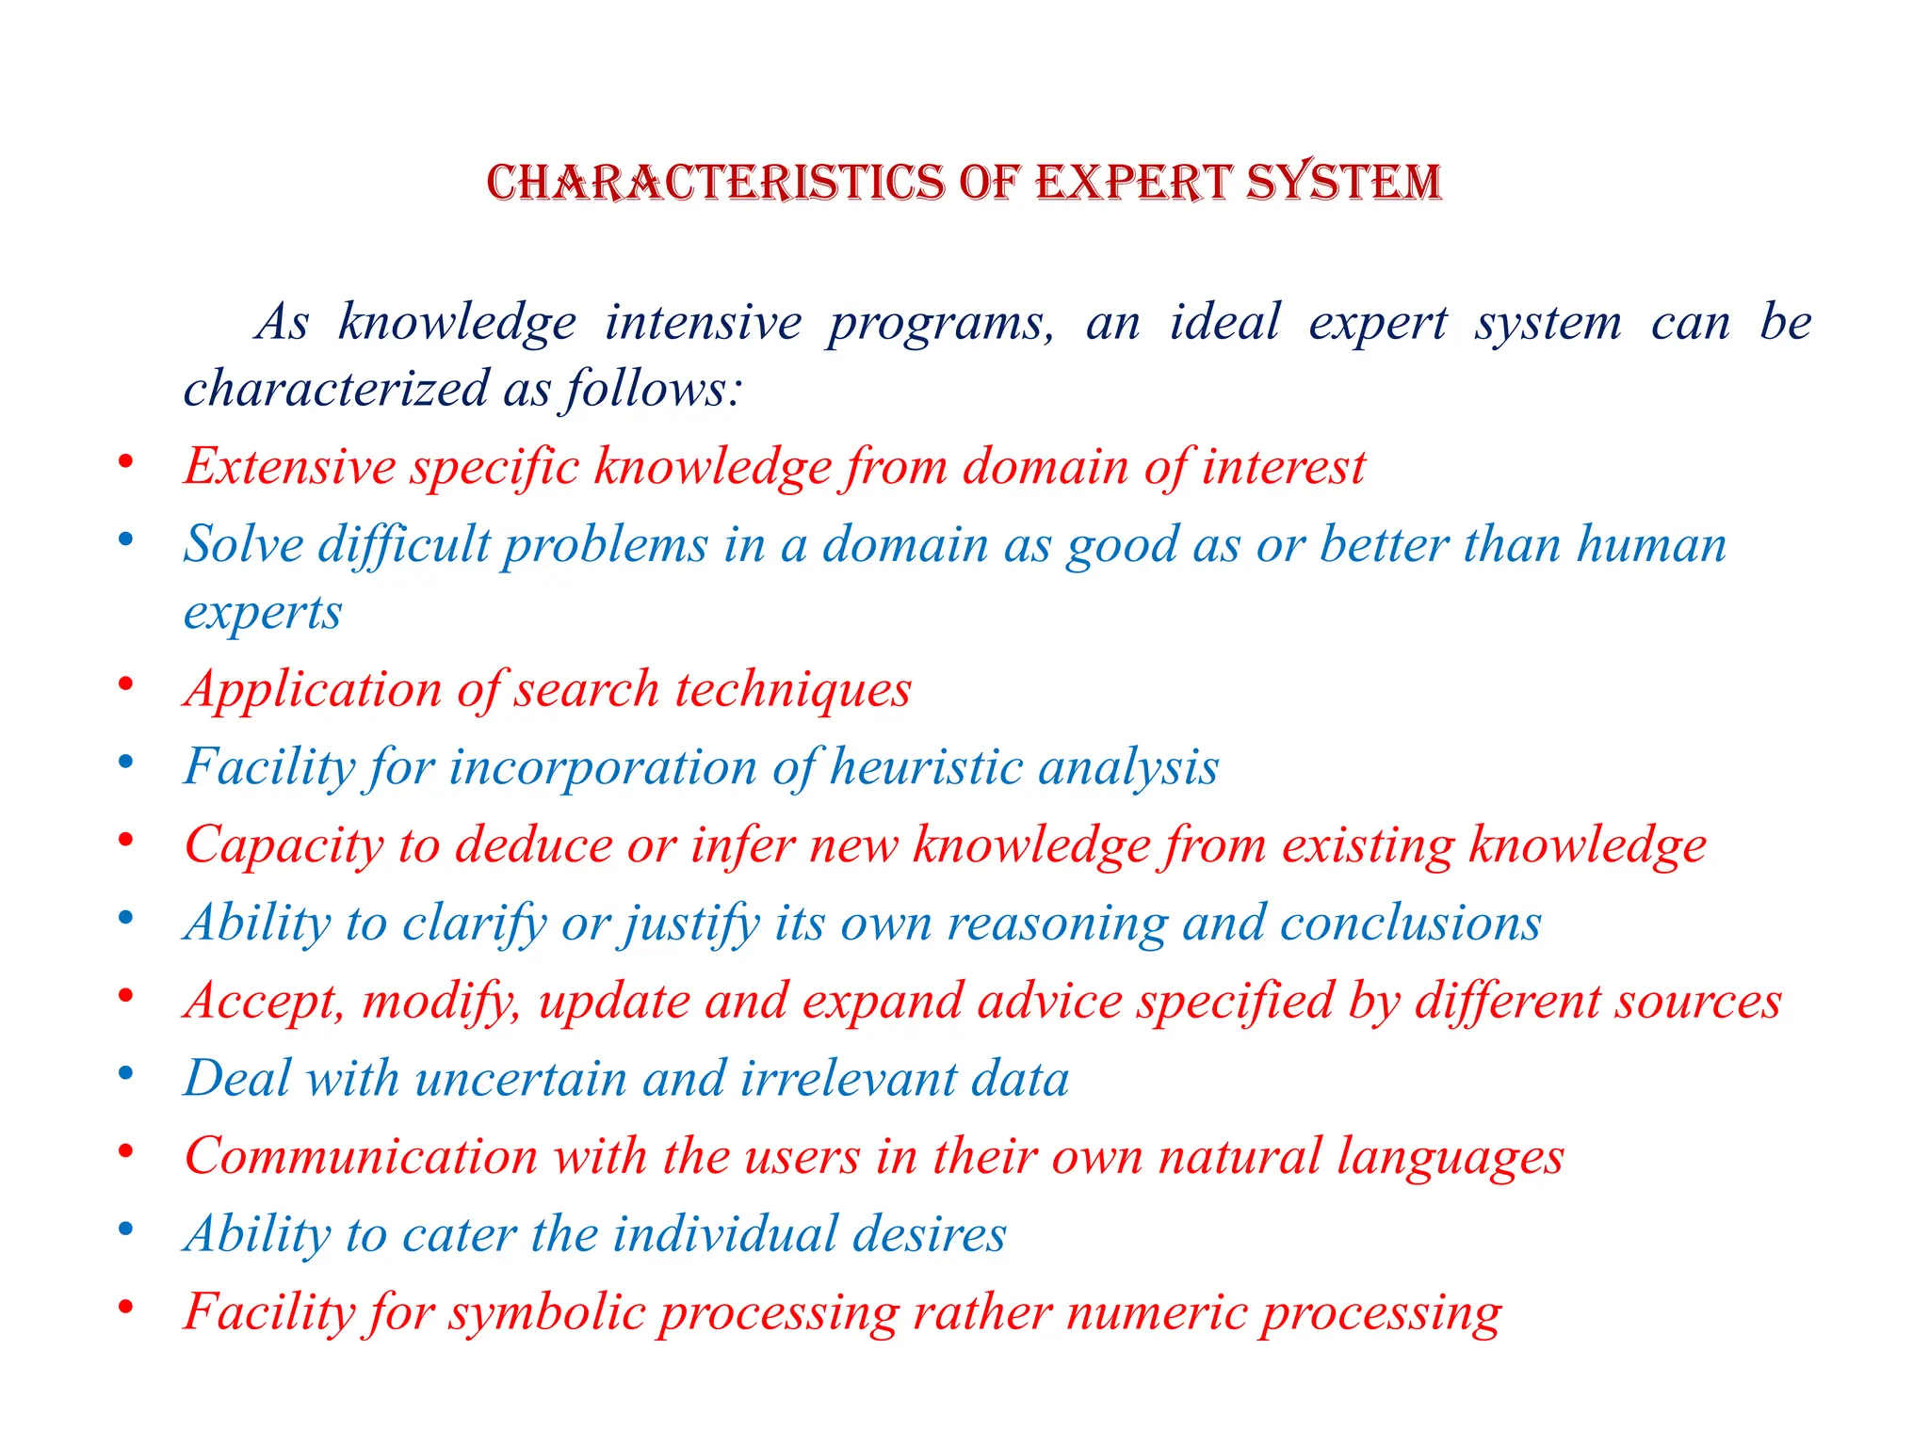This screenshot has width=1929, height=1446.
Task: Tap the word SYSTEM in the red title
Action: click(1344, 183)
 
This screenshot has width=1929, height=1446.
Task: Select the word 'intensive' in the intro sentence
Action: click(703, 323)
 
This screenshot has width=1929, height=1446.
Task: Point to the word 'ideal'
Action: click(1224, 323)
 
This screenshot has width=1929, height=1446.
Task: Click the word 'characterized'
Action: click(336, 389)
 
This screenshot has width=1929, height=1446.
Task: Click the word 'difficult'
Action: click(404, 545)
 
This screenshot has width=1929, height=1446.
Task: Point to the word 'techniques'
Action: click(793, 690)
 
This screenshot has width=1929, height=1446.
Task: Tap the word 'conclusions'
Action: click(1410, 924)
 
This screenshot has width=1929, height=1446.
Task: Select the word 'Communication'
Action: click(361, 1157)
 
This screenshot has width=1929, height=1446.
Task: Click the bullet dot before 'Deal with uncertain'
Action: click(125, 1075)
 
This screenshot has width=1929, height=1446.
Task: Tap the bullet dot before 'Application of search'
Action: click(125, 685)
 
